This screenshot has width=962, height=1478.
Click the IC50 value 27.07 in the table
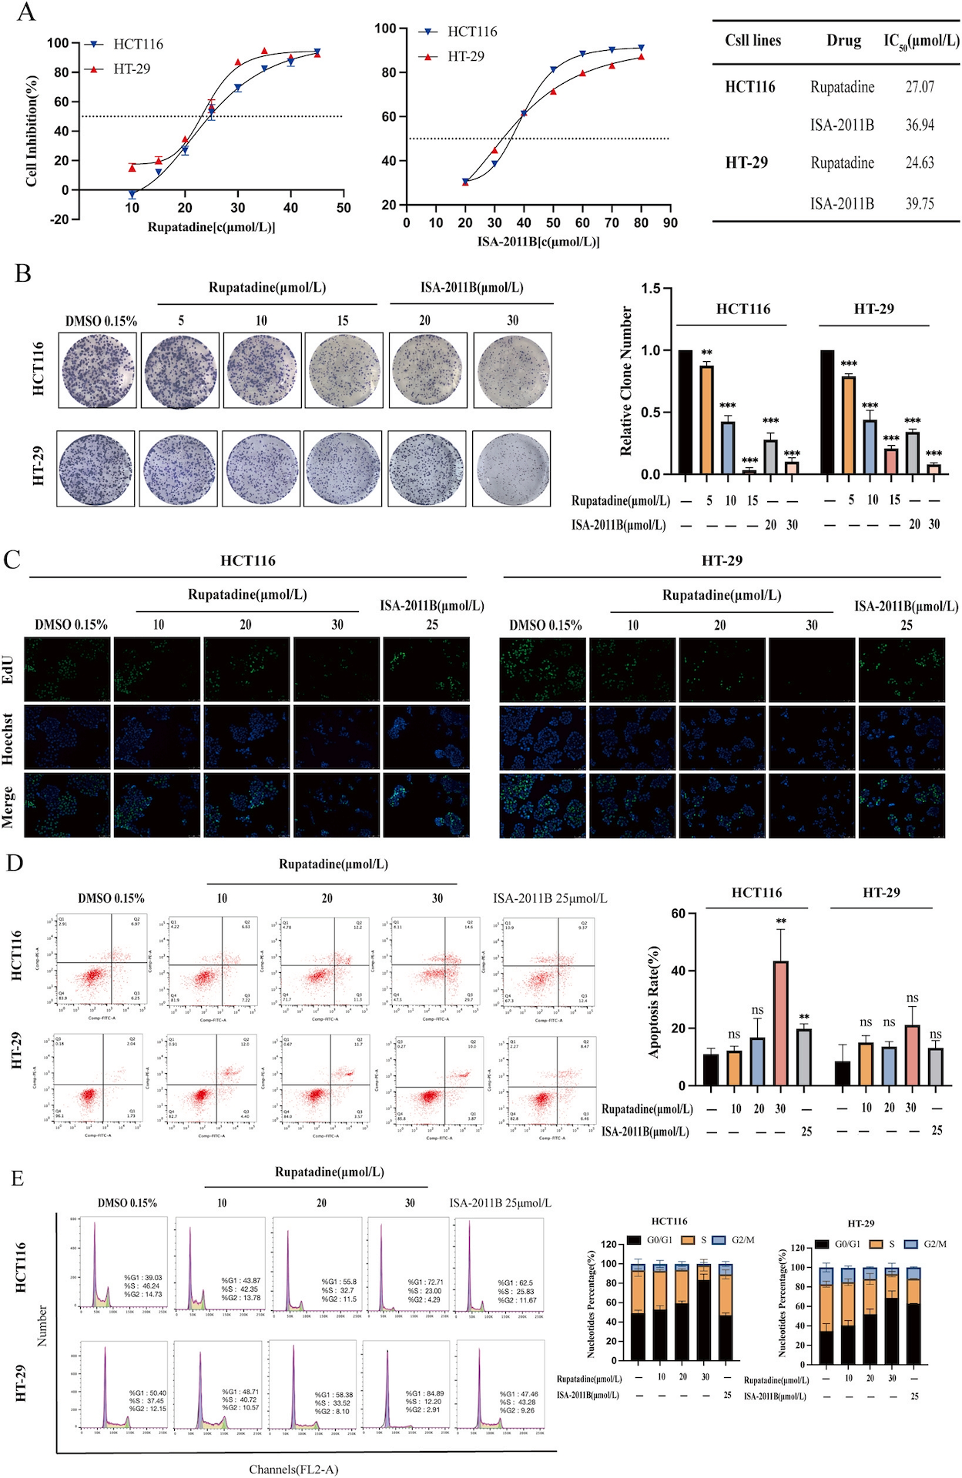tap(920, 87)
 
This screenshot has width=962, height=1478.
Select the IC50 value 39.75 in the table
tap(920, 204)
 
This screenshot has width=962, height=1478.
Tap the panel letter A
tap(26, 12)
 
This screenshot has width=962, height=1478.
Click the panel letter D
tap(14, 862)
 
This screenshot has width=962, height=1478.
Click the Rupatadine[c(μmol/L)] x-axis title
tap(211, 227)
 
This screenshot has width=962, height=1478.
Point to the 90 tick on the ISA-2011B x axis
tap(670, 222)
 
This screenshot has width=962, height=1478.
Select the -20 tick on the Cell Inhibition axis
tap(59, 219)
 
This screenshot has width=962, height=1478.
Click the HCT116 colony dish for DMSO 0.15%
tap(99, 370)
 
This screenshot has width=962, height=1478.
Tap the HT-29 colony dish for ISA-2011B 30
tap(511, 468)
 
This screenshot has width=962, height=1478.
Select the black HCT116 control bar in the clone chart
tap(685, 412)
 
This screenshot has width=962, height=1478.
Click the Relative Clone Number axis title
tap(626, 381)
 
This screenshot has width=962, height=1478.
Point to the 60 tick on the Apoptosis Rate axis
tap(678, 914)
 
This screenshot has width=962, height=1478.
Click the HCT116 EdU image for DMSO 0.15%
tap(68, 669)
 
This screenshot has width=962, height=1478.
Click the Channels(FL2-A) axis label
tap(293, 1470)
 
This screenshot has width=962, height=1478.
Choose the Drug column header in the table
tap(843, 41)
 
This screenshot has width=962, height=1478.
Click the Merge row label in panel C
tap(8, 806)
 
